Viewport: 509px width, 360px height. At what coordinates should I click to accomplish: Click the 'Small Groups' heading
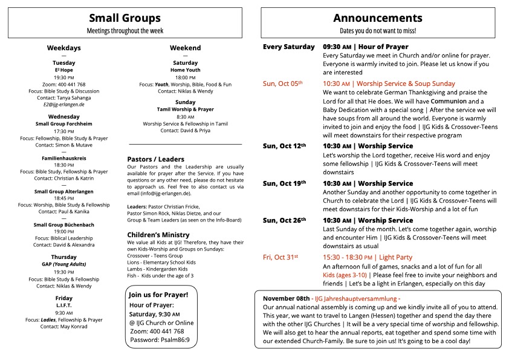[125, 18]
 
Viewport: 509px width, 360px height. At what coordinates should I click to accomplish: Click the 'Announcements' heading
[377, 18]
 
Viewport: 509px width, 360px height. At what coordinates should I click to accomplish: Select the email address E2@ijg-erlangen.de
[63, 104]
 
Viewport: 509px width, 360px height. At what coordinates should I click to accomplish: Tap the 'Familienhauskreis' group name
[63, 157]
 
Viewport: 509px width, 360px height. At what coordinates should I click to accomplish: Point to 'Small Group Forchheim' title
[63, 124]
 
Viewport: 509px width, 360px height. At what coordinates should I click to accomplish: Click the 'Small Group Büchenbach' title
[63, 224]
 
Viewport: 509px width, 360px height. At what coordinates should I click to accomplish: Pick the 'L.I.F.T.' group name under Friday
[63, 306]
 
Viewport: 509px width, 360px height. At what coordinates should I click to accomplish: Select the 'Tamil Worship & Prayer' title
[186, 110]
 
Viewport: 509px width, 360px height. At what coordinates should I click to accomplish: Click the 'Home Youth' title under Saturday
[186, 70]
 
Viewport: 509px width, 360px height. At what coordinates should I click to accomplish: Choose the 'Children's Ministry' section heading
[158, 235]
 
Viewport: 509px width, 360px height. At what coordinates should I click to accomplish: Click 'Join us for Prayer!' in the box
[158, 295]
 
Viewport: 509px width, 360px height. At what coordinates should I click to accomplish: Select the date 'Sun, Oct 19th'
[284, 183]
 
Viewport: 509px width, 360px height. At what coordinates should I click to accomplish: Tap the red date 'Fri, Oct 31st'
[282, 258]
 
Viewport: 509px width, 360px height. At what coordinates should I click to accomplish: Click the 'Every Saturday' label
[288, 47]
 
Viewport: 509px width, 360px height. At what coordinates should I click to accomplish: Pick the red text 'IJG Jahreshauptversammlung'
[357, 299]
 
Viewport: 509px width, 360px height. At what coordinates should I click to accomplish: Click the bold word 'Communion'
[447, 101]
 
